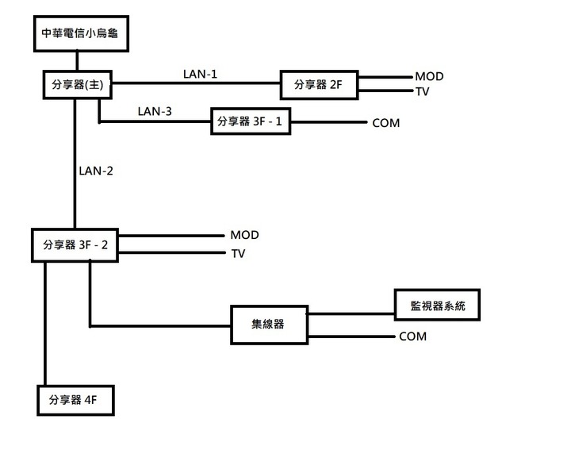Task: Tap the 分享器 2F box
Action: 319,84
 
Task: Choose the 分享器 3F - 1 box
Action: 250,122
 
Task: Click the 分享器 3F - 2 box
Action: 75,244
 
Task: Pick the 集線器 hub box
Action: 269,324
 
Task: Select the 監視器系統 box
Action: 438,305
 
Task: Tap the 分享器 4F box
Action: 75,399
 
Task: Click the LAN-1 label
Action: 199,74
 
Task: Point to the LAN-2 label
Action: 96,171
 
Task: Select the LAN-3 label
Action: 154,111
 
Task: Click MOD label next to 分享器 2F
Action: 429,77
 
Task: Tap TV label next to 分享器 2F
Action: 422,91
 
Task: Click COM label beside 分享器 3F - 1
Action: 385,123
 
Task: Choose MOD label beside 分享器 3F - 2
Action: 244,236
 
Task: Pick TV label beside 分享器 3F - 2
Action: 238,254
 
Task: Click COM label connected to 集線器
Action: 412,337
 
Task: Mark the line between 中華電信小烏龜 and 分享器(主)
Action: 76,60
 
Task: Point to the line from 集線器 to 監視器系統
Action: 351,313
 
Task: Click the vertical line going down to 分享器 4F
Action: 45,325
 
